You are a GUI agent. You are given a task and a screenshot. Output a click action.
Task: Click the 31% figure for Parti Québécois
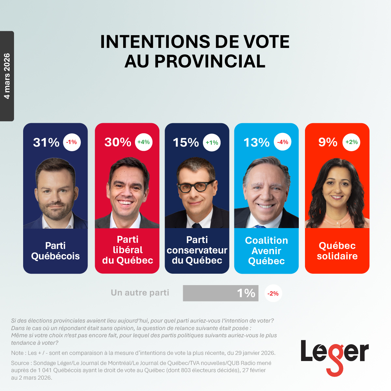[x=46, y=142]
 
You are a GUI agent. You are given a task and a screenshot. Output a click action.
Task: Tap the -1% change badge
[x=72, y=142]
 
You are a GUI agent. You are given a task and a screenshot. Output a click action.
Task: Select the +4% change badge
[x=144, y=142]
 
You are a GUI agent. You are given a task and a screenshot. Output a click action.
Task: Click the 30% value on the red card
[x=118, y=142]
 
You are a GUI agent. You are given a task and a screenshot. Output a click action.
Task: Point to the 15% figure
[x=186, y=142]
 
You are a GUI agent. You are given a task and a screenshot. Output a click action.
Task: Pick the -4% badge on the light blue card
[x=282, y=142]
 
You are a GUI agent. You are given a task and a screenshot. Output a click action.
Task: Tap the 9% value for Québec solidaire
[x=327, y=142]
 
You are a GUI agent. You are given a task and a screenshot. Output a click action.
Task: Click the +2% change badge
[x=351, y=142]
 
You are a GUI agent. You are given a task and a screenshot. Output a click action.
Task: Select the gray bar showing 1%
[x=220, y=293]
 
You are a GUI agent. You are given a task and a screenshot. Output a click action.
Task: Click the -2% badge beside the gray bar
[x=273, y=293]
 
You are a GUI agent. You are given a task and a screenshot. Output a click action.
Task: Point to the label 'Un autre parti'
[x=140, y=293]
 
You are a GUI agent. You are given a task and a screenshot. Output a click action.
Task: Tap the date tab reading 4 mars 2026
[x=7, y=76]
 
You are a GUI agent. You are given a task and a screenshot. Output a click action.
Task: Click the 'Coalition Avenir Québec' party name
[x=266, y=251]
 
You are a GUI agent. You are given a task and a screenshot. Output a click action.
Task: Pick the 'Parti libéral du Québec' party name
[x=127, y=250]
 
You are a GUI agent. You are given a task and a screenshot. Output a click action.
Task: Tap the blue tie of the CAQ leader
[x=260, y=226]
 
